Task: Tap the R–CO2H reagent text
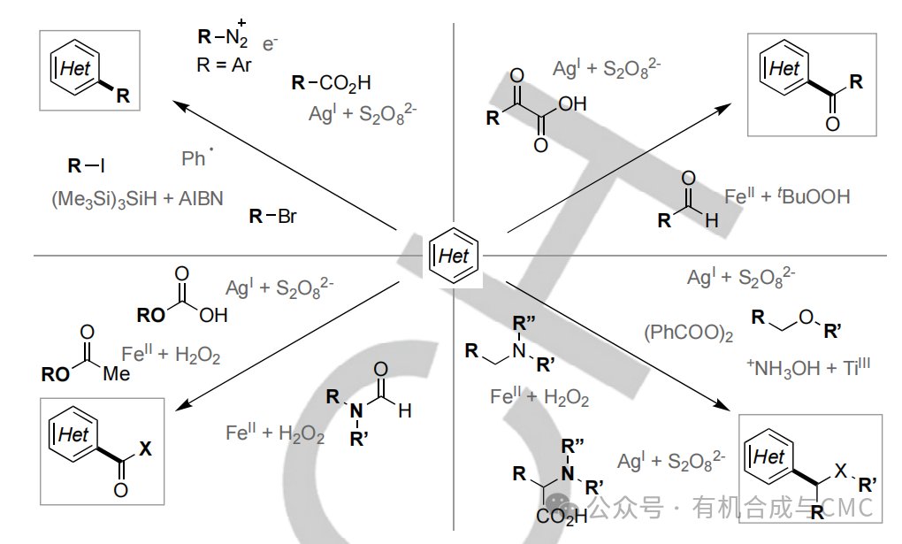(331, 83)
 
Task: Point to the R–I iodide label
(87, 165)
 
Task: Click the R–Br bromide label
(272, 217)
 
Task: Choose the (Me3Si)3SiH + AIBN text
(137, 199)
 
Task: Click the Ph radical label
(196, 157)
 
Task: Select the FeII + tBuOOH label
(787, 196)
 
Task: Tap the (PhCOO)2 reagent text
(688, 333)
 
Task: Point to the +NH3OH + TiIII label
(808, 367)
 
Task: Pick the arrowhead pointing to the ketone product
(723, 108)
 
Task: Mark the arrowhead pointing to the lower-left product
(182, 405)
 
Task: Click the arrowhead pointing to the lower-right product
(722, 405)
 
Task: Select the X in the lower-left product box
(146, 448)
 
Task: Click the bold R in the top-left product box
(123, 96)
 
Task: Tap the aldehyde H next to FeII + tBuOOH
(712, 220)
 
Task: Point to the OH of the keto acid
(572, 103)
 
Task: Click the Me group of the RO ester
(116, 373)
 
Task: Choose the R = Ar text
(223, 65)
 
